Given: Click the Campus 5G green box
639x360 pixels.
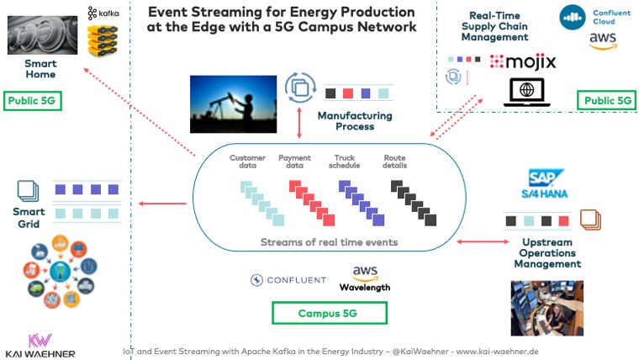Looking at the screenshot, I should coord(329,314).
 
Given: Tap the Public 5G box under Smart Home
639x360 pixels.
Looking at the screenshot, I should coord(34,103).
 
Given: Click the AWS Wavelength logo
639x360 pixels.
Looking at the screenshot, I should coord(364,278).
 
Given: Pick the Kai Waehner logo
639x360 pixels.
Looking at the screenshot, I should coord(40,345).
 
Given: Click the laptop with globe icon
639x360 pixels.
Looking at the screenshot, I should coord(526,91).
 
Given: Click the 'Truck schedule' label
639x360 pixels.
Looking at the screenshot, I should coord(345,162).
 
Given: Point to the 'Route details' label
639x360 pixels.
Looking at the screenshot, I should coord(395,162).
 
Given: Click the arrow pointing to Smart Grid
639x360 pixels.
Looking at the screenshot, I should coord(162,203).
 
